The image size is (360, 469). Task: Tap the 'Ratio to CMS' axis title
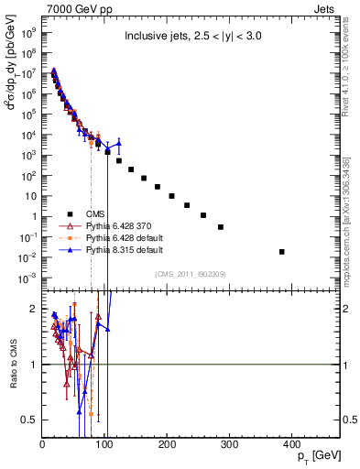click(12, 365)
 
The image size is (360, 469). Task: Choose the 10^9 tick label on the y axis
click(29, 30)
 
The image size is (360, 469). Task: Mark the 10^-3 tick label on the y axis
click(29, 278)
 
